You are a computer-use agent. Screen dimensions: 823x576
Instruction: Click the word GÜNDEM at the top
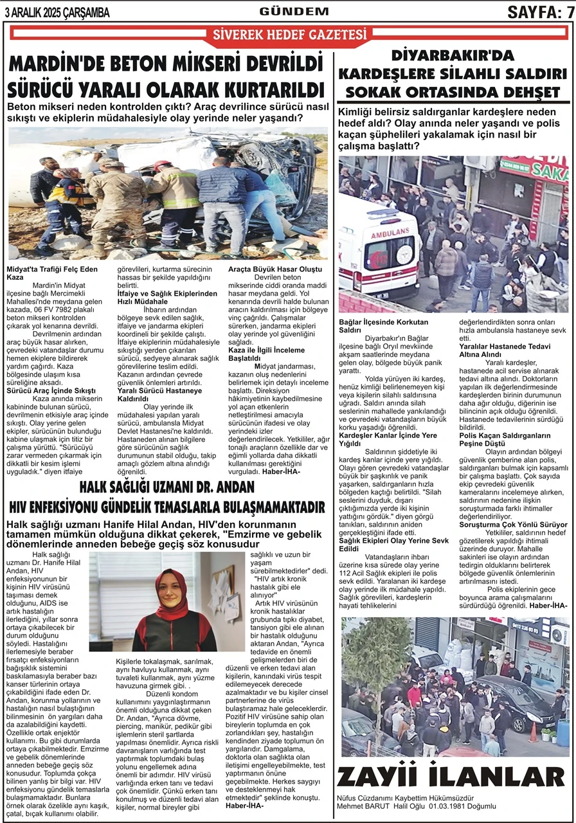(x=294, y=11)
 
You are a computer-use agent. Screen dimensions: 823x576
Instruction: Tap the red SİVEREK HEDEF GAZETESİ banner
(x=289, y=35)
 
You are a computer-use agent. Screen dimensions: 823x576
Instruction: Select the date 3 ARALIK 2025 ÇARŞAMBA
(x=57, y=12)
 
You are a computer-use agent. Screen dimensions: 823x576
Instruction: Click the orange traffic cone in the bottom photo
(x=533, y=731)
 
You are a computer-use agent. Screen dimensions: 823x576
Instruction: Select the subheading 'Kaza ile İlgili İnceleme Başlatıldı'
(x=270, y=354)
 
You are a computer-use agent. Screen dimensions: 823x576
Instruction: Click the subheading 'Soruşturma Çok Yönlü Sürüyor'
(x=505, y=525)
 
